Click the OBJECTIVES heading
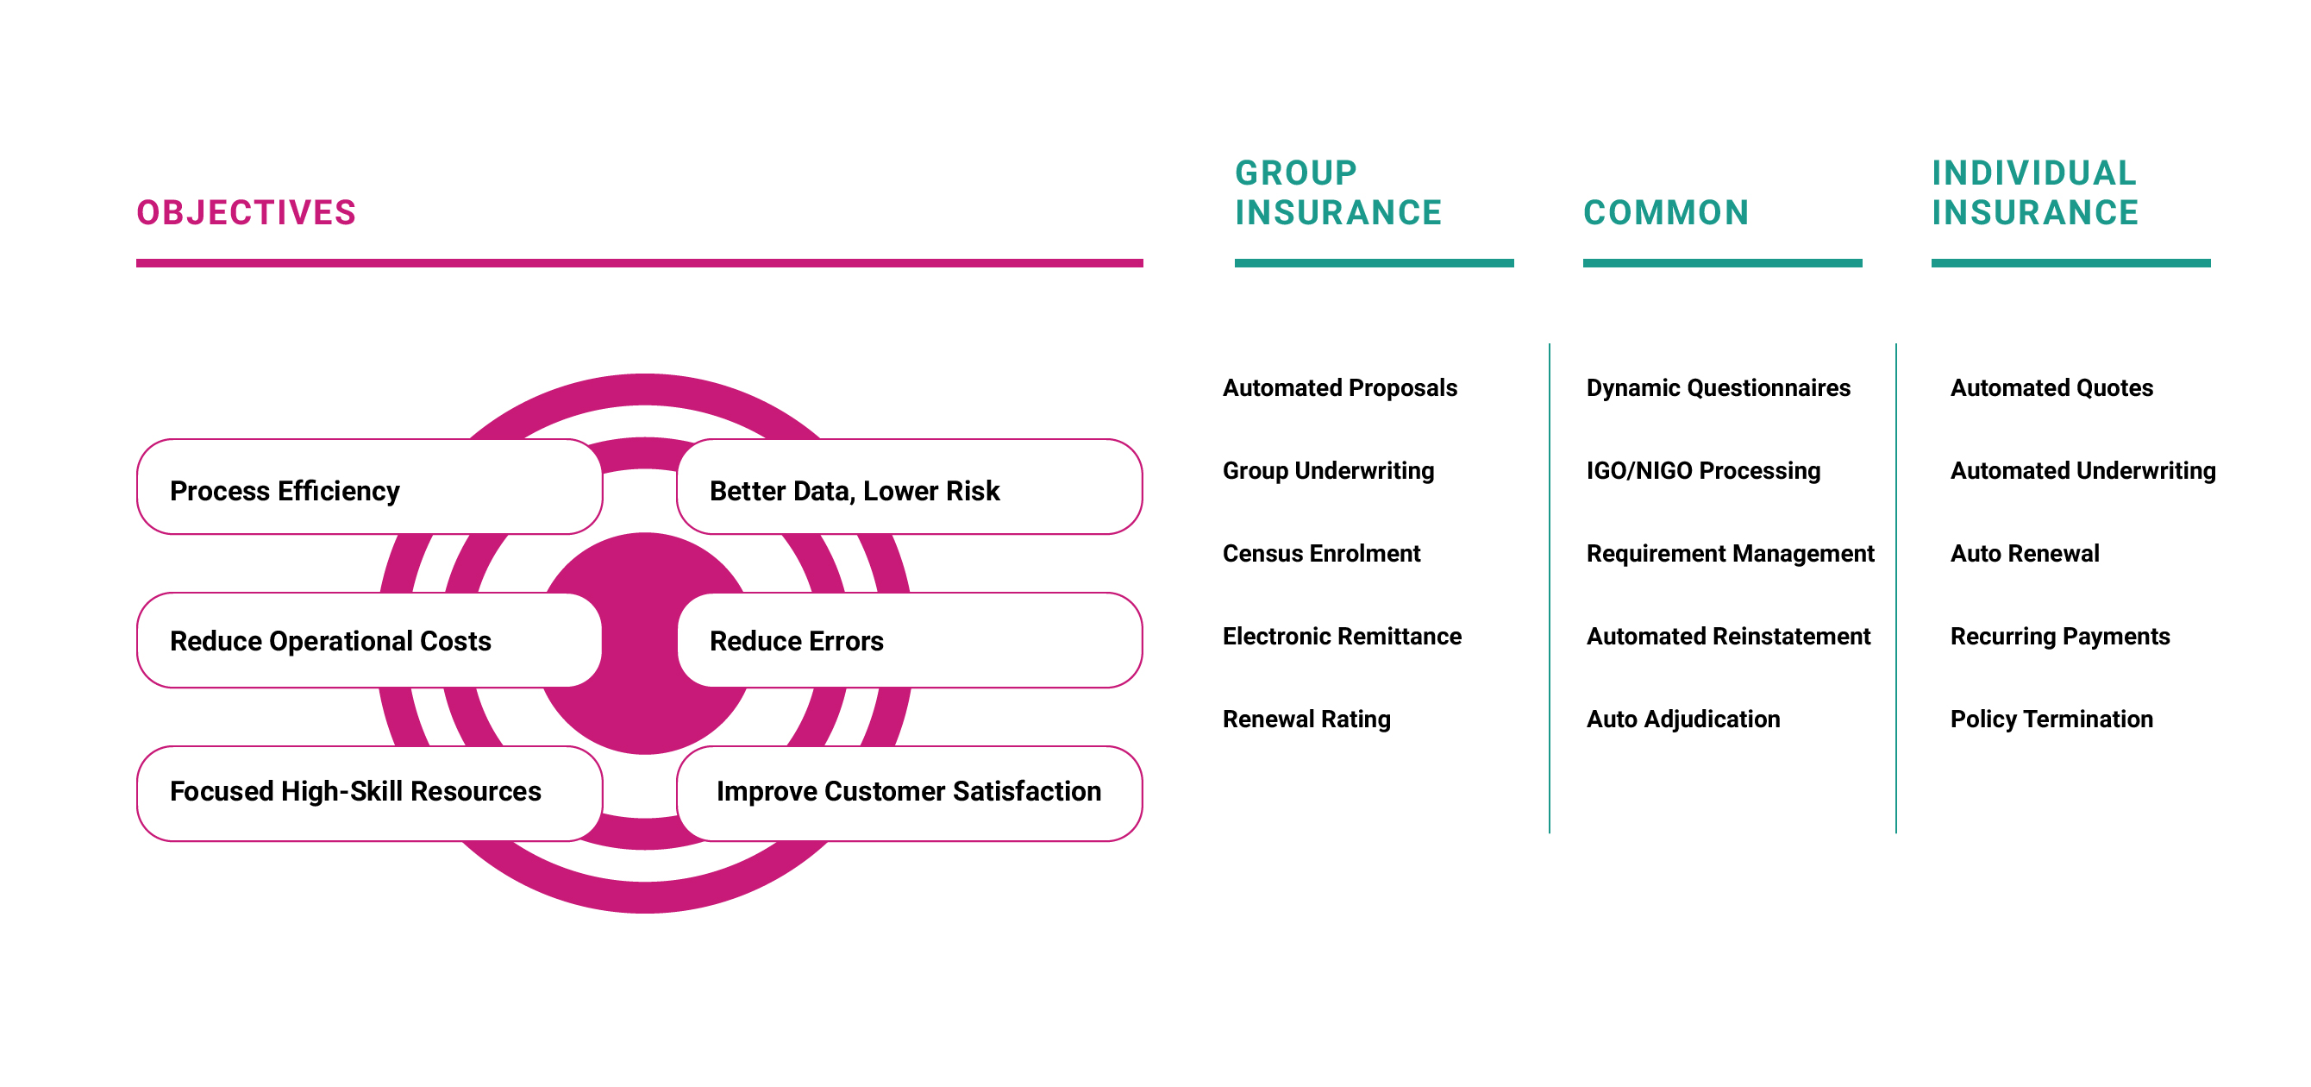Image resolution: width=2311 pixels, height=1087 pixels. coord(247,213)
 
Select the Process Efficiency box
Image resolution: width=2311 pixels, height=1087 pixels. coord(370,487)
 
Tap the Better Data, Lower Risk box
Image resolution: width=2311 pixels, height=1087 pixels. coord(910,487)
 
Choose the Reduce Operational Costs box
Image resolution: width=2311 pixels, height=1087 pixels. coord(370,640)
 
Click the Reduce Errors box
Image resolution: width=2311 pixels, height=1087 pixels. coord(910,640)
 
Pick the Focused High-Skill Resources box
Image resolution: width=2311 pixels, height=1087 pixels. coord(370,794)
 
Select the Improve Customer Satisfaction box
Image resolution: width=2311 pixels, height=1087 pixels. coord(910,794)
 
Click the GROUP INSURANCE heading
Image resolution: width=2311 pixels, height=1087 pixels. coord(1338,193)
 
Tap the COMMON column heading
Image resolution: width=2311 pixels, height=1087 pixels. coord(1666,213)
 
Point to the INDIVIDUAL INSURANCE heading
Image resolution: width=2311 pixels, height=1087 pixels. coord(2036,193)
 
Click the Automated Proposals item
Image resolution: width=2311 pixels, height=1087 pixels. coord(1339,387)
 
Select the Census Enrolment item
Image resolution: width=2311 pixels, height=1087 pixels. coord(1321,553)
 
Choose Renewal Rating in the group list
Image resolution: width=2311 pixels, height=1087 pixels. coord(1307,719)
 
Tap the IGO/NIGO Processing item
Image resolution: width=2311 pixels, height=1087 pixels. coord(1704,470)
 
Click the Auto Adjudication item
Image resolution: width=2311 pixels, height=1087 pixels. coord(1683,719)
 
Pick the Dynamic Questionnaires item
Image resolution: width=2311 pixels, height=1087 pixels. coord(1718,387)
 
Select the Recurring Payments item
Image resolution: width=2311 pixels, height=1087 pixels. coord(2060,637)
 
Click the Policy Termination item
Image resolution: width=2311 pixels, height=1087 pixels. coord(2051,719)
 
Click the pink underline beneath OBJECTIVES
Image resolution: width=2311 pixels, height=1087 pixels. coord(640,263)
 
